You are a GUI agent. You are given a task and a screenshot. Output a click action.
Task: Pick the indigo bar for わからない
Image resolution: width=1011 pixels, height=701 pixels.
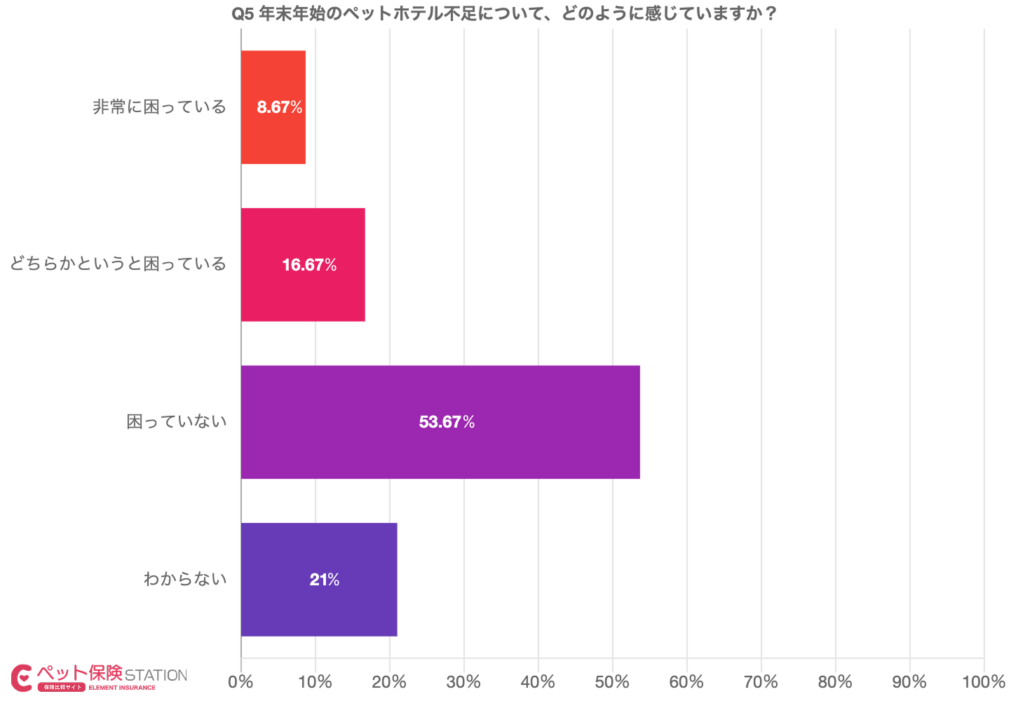[318, 610]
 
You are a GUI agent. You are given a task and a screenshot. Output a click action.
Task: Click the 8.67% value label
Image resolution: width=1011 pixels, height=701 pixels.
[280, 107]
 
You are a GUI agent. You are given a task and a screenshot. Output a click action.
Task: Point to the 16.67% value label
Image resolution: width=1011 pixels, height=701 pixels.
[309, 265]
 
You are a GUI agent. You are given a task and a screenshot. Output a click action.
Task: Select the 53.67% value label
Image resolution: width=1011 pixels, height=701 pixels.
[447, 422]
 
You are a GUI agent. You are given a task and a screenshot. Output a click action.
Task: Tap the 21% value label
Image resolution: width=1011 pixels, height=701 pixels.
[325, 580]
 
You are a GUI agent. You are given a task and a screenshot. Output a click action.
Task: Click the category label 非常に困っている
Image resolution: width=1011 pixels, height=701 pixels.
[160, 107]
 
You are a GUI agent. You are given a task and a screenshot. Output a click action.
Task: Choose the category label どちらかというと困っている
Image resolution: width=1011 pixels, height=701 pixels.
[118, 264]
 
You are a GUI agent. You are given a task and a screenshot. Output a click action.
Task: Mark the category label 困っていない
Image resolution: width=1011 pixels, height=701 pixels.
[177, 422]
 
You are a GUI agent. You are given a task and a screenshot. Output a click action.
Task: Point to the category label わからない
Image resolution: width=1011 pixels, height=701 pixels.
[185, 579]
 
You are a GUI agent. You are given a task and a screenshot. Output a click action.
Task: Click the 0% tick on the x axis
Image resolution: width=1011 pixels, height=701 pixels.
[241, 681]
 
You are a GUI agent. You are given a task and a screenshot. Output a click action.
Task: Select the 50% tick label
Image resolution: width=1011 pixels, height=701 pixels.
[613, 681]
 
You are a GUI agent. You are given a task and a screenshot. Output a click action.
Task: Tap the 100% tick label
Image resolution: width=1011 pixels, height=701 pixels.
[984, 681]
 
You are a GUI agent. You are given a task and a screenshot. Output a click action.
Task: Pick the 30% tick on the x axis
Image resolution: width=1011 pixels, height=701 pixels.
[464, 681]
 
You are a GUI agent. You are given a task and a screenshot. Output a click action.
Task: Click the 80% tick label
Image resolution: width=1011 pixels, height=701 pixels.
[835, 681]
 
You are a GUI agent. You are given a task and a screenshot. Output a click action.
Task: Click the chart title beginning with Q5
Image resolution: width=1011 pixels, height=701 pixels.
[504, 13]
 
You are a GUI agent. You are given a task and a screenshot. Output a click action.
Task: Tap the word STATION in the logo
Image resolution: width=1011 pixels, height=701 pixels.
[156, 676]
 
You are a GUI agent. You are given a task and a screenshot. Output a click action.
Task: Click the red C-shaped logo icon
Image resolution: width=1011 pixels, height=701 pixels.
[22, 677]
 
